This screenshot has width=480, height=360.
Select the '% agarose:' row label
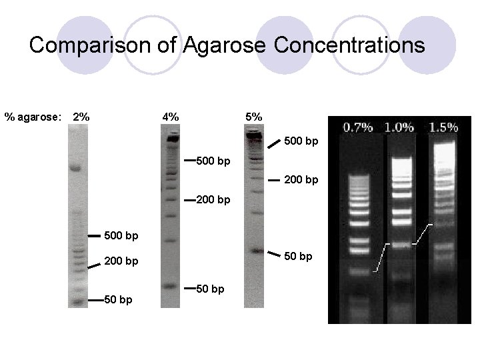pyautogui.click(x=33, y=117)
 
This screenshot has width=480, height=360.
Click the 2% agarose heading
pyautogui.click(x=81, y=117)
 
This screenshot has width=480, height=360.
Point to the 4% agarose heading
pyautogui.click(x=171, y=117)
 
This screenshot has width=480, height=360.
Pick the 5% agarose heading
pyautogui.click(x=253, y=117)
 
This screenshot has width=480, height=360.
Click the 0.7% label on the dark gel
pyautogui.click(x=358, y=127)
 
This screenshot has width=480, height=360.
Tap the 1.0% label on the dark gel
pyautogui.click(x=399, y=127)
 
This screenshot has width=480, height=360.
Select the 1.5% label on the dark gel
pyautogui.click(x=443, y=127)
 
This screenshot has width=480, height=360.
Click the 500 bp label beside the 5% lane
pyautogui.click(x=301, y=141)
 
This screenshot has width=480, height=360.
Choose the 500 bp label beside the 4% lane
pyautogui.click(x=215, y=161)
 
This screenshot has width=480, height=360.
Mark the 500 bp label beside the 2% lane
pyautogui.click(x=123, y=235)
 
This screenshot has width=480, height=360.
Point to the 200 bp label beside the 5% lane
pyautogui.click(x=301, y=180)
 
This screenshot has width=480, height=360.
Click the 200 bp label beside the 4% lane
pyautogui.click(x=215, y=200)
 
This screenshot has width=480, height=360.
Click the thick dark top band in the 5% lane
pyautogui.click(x=254, y=136)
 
